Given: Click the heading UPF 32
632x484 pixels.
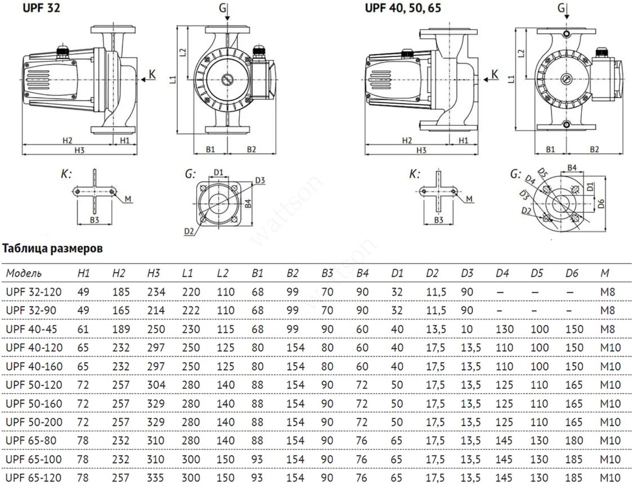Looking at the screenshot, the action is click(41, 8).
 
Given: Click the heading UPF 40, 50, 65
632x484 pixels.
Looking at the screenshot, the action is click(402, 8).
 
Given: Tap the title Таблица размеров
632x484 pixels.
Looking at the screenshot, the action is click(52, 248).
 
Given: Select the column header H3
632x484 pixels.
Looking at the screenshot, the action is click(154, 273).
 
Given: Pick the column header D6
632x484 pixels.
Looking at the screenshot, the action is click(572, 273).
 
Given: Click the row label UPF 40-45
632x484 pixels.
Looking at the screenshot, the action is click(34, 329).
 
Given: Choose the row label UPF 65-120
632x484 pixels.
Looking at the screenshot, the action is click(34, 478).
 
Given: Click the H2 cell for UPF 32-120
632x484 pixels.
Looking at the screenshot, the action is click(121, 291).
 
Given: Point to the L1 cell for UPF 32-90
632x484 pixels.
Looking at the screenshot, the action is click(191, 310).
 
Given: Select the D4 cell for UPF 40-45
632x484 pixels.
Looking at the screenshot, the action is click(504, 329).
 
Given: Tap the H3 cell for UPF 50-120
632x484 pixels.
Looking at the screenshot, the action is click(156, 385).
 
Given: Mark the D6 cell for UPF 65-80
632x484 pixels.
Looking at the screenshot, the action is click(574, 441).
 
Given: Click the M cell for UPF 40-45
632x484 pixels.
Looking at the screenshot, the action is click(607, 329).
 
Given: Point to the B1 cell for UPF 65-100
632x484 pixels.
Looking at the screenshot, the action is click(257, 459).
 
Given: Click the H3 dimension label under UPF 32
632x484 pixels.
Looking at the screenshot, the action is click(79, 150).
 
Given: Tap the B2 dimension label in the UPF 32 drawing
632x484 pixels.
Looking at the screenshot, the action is click(251, 149).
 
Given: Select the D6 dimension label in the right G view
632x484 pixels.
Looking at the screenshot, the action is click(602, 203).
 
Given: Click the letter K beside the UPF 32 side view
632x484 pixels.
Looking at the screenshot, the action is click(152, 74).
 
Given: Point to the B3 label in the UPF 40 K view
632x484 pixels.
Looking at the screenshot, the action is click(438, 220).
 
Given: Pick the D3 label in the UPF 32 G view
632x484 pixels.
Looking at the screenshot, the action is click(260, 180).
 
